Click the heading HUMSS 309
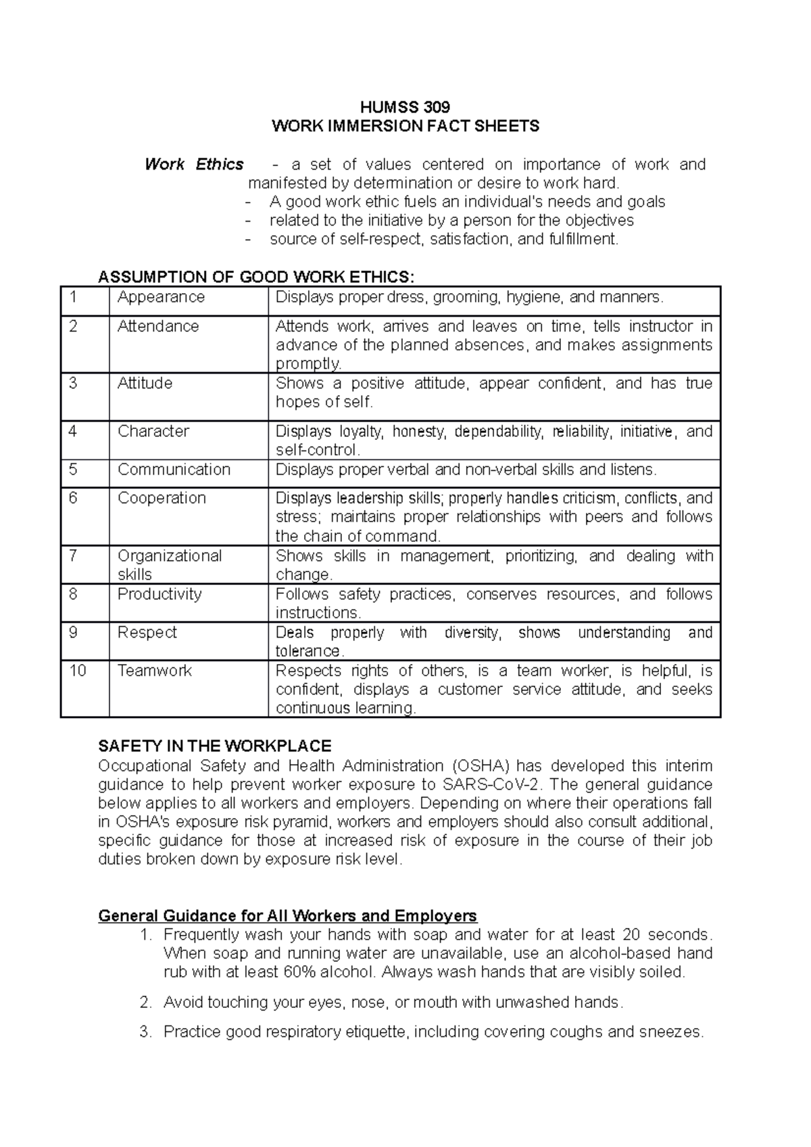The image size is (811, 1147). [x=405, y=107]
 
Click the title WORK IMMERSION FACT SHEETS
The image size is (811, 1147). [x=405, y=126]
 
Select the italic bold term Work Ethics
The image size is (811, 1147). [x=194, y=164]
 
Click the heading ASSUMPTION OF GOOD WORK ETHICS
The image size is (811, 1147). [x=254, y=277]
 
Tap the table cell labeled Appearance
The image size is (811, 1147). [x=161, y=297]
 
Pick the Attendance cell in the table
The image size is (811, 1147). [x=158, y=326]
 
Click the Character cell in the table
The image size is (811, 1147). [x=153, y=431]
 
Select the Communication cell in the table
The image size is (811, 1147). [x=174, y=469]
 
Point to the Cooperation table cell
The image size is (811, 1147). [x=162, y=498]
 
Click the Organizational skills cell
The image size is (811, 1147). [x=169, y=565]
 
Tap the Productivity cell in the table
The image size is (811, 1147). [x=159, y=594]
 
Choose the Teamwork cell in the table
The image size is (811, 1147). [x=155, y=671]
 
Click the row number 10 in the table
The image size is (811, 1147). [x=78, y=671]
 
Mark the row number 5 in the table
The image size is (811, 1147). [x=73, y=469]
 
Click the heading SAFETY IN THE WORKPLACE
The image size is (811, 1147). [x=214, y=746]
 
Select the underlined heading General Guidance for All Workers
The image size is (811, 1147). [x=287, y=916]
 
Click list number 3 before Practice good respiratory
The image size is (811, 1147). [x=144, y=1032]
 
